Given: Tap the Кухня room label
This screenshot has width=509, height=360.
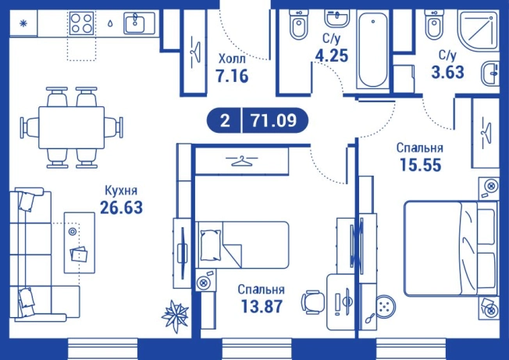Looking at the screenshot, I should point(122,190).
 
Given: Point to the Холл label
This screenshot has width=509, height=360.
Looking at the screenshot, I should point(231,59).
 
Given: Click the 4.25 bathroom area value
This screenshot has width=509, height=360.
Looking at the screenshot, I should point(330,55).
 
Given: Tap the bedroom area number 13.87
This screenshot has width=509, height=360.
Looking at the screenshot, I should point(262,305).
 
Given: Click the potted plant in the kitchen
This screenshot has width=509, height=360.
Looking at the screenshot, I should point(175,312).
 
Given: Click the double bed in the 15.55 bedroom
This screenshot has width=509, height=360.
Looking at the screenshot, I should point(450,247).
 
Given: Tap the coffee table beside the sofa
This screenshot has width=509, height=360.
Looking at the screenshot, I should point(77,241).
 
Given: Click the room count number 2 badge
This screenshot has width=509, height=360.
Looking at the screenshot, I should point(226,121).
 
